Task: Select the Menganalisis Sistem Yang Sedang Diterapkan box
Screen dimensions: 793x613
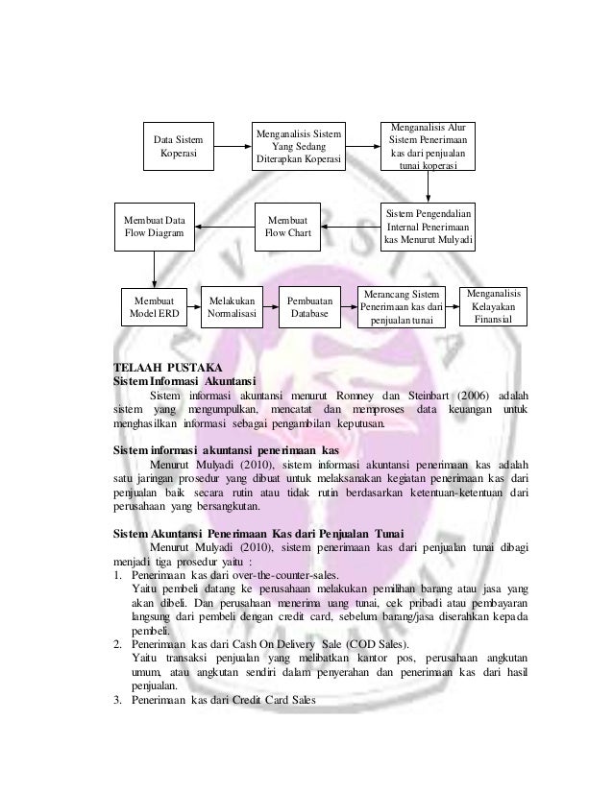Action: (298, 146)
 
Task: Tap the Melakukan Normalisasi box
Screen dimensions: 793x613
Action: (231, 306)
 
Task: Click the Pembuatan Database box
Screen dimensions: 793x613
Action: (309, 306)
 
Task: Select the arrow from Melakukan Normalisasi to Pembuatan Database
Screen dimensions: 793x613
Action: (270, 307)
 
